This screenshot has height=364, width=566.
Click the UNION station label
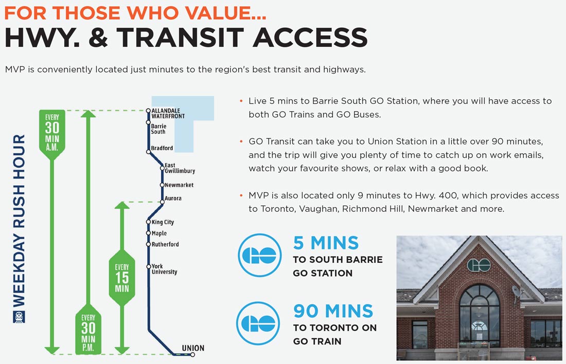tap(193, 348)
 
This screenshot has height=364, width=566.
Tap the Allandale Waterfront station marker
tap(148, 111)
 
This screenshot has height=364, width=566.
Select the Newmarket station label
tap(179, 185)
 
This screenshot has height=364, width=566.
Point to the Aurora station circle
tap(162, 202)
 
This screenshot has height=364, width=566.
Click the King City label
tap(163, 222)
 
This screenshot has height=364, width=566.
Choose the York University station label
tap(164, 269)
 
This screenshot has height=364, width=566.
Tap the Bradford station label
tap(162, 148)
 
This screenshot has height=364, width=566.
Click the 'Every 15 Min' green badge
tap(122, 278)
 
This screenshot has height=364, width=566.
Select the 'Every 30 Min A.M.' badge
tap(52, 134)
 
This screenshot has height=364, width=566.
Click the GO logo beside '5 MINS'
tap(259, 256)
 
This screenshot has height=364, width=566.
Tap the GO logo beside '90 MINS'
tap(258, 323)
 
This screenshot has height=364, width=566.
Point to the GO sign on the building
tap(479, 265)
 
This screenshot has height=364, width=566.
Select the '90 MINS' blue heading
tap(333, 311)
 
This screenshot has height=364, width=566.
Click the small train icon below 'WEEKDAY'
tap(19, 317)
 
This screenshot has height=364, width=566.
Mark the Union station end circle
tap(193, 355)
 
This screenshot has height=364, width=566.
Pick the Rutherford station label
tap(165, 244)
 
